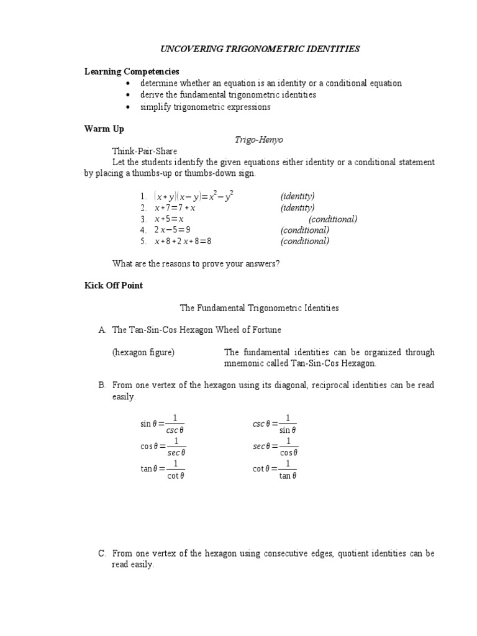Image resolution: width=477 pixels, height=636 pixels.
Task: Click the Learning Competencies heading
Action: [x=132, y=71]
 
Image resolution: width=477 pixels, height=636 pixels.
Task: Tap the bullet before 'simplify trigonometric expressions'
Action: [x=127, y=107]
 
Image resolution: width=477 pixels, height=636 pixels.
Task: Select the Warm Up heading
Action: [x=104, y=129]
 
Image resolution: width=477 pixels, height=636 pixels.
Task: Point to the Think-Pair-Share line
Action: [x=144, y=151]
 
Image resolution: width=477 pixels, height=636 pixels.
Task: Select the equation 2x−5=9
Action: [x=172, y=230]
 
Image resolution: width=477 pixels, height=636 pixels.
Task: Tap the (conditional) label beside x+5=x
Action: [x=333, y=219]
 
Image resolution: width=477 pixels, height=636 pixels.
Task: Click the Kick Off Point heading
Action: [x=114, y=286]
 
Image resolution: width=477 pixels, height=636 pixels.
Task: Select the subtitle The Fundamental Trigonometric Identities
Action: [x=259, y=307]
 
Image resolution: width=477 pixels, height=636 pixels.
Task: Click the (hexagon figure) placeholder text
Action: [x=143, y=352]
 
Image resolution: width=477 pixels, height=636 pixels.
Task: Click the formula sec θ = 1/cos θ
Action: [x=275, y=446]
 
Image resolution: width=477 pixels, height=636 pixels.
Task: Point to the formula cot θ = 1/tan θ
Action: [x=275, y=470]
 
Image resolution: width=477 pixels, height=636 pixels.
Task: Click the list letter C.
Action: [x=102, y=553]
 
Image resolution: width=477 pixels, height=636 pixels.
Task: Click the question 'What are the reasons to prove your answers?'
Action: [x=196, y=263]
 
